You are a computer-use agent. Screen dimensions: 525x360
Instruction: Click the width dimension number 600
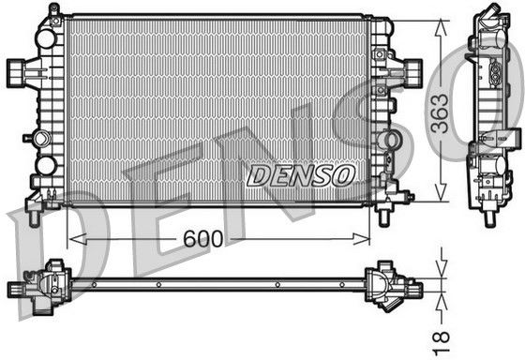click(x=202, y=238)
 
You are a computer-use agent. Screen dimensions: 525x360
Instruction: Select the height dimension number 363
click(x=440, y=113)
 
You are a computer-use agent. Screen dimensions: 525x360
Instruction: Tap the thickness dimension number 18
click(x=441, y=343)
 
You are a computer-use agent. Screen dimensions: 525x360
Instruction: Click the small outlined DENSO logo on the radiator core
click(x=300, y=175)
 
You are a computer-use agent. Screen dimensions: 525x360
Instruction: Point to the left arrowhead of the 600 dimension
click(x=77, y=239)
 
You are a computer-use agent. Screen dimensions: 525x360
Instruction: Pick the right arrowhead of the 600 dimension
click(x=361, y=239)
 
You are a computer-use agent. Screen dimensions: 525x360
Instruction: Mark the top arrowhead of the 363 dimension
click(x=441, y=28)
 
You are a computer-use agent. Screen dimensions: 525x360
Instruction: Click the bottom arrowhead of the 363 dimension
click(x=441, y=193)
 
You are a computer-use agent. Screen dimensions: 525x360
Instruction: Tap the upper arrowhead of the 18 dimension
click(x=442, y=270)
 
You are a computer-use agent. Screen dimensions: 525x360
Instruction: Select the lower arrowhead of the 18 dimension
click(x=442, y=300)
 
